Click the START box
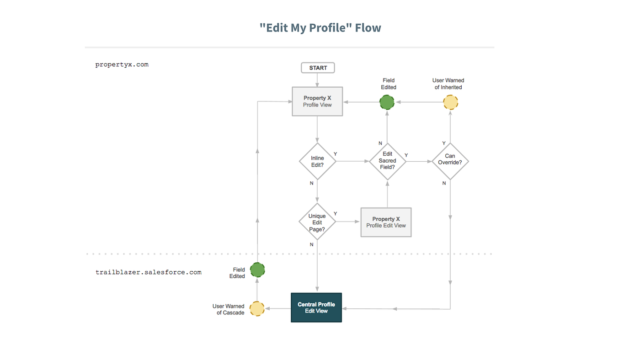click(318, 68)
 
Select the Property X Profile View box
click(317, 101)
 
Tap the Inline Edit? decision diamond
click(317, 161)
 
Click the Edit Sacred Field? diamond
click(387, 161)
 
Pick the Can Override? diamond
click(450, 161)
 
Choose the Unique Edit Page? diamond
click(317, 222)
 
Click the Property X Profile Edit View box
click(386, 222)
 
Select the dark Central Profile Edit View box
click(316, 307)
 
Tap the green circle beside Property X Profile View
click(387, 102)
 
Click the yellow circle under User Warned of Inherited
click(450, 102)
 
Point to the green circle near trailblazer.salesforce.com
click(257, 270)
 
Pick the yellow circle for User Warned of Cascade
click(257, 309)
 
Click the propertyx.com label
click(122, 64)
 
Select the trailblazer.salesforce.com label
click(148, 272)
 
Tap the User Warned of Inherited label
click(448, 84)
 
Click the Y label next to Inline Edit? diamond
click(335, 154)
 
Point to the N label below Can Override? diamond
click(444, 183)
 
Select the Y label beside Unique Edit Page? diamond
click(335, 214)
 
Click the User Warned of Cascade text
click(228, 309)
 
